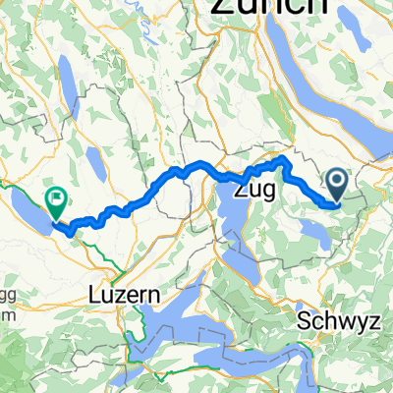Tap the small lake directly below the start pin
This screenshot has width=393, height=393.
(x=316, y=232)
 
